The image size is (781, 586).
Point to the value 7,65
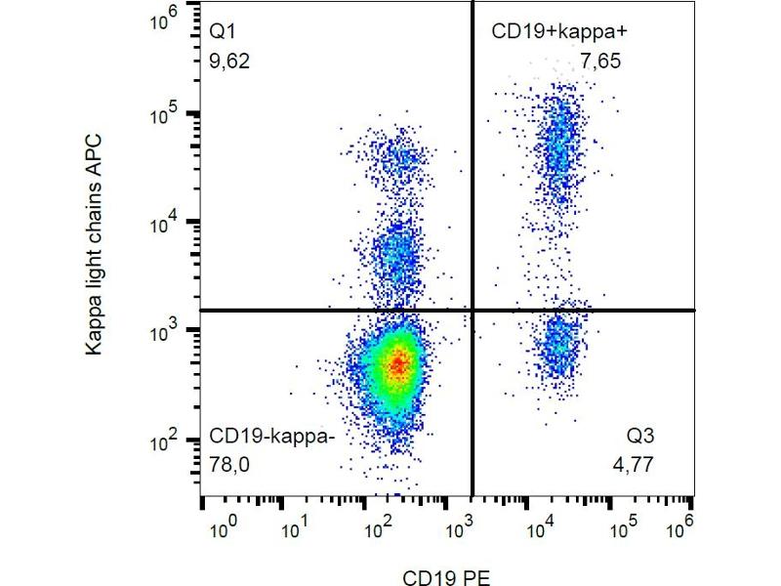[x=600, y=62]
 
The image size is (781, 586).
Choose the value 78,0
[x=230, y=466]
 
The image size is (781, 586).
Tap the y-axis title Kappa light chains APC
[x=95, y=244]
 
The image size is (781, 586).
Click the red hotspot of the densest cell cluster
[x=396, y=364]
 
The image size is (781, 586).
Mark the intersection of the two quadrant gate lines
[x=473, y=310]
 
